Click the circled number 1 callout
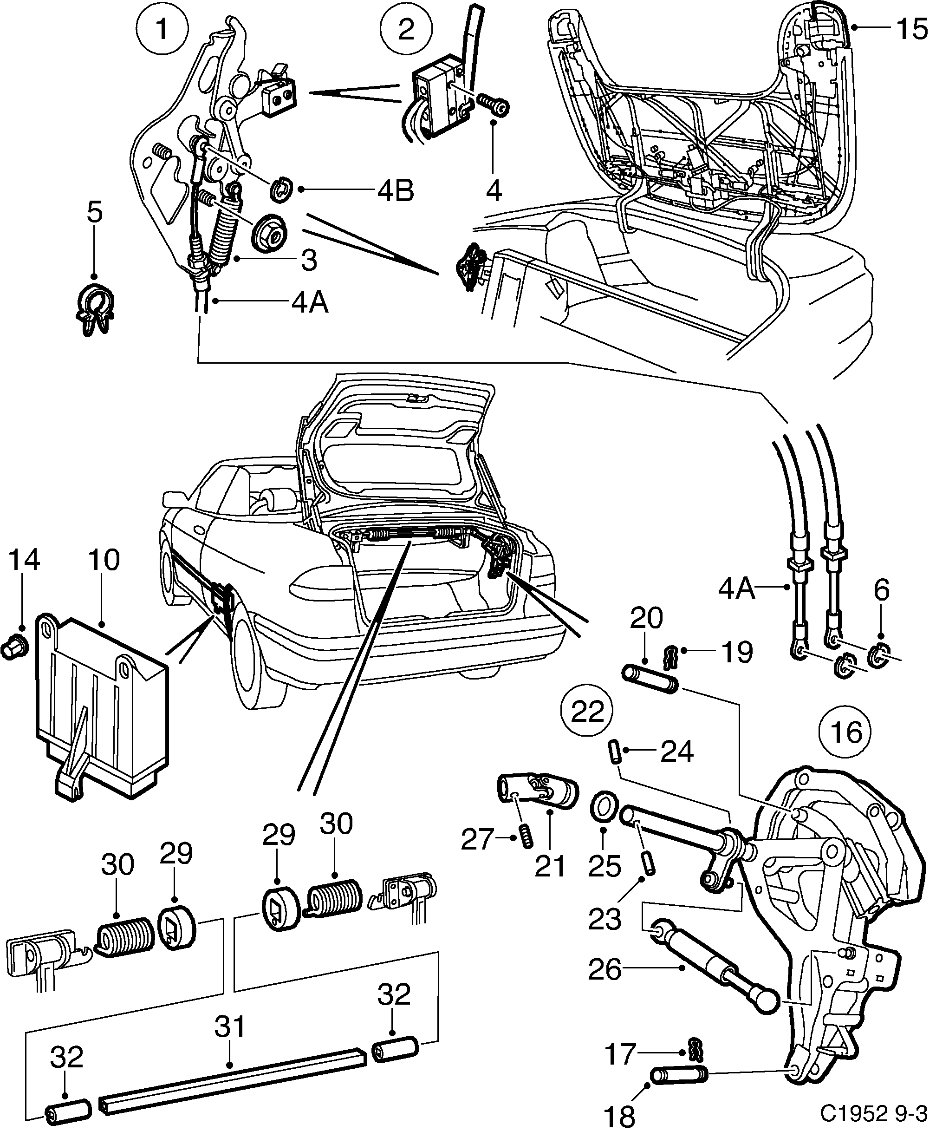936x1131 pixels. point(162,30)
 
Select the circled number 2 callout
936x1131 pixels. point(406,30)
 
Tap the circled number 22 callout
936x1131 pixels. point(587,712)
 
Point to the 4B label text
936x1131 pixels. point(395,190)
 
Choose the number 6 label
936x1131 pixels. point(881,591)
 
